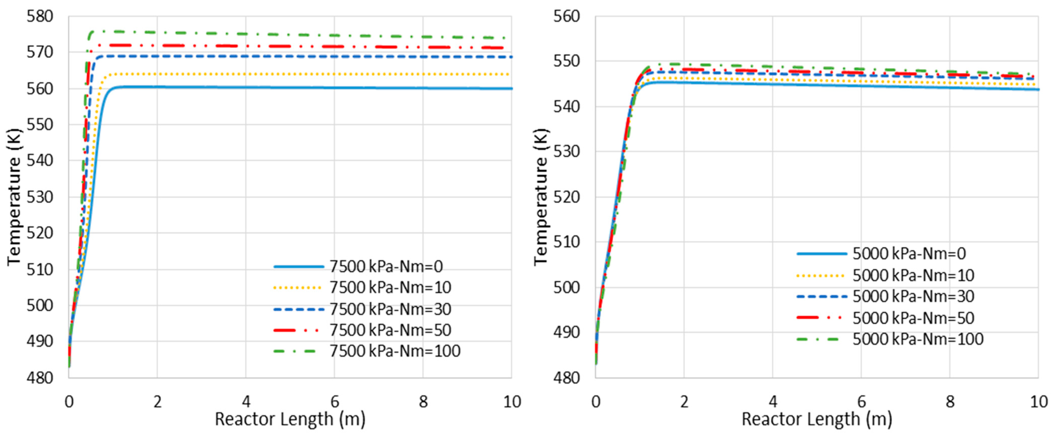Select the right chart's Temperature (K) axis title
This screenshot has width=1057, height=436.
coord(541,197)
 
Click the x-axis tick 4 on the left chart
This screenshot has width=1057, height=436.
coord(246,402)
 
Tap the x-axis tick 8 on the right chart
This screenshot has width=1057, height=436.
coord(950,402)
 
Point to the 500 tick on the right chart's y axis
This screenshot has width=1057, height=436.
coord(567,287)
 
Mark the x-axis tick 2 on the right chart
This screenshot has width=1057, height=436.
coord(684,402)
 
